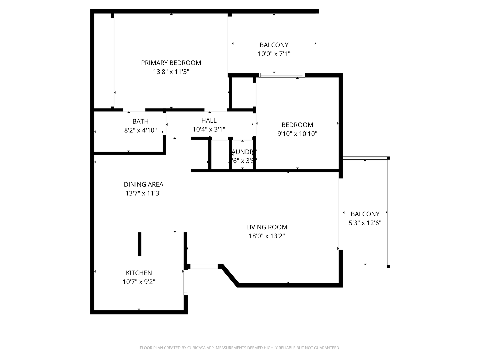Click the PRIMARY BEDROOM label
coord(171,63)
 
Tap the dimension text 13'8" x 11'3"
coord(171,72)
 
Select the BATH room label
coord(140,121)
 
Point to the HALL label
coord(209,120)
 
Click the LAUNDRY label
coord(243,152)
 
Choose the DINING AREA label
coord(143,184)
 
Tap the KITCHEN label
coord(139,273)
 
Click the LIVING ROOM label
coord(267,227)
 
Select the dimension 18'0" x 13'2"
coord(267,236)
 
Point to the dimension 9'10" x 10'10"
coord(297,134)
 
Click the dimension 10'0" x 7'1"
coord(274,54)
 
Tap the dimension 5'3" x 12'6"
coord(365,223)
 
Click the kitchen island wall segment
coord(140,244)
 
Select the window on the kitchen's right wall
coord(186,282)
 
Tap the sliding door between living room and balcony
coord(341,214)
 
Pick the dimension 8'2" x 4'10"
coord(140,130)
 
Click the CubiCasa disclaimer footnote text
coord(240,348)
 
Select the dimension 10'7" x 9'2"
coord(139,282)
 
